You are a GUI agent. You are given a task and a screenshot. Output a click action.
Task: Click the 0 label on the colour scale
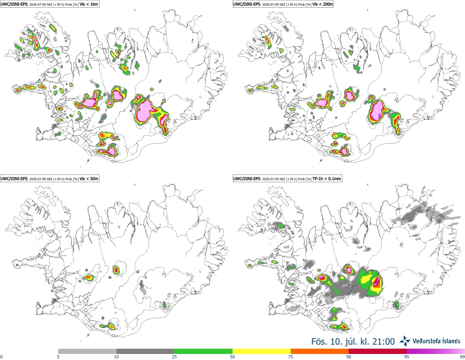point(1,357)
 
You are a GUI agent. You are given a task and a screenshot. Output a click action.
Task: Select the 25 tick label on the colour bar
point(174,357)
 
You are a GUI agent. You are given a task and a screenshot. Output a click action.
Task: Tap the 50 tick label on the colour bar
point(232,357)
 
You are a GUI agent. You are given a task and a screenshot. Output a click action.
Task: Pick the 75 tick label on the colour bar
point(291,357)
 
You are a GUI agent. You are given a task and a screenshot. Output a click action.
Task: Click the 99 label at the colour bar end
point(462,357)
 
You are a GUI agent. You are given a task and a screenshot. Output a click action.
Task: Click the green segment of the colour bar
point(203,352)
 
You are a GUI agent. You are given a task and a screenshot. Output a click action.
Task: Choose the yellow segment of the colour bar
point(262,352)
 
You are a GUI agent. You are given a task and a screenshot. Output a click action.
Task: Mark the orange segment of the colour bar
point(320,352)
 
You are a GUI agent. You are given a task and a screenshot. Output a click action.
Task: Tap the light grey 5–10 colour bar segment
point(87,352)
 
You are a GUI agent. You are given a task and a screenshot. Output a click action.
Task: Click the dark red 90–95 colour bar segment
point(378,352)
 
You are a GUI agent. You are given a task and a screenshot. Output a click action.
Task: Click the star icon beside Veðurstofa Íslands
point(405,341)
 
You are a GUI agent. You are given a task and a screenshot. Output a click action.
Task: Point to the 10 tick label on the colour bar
point(116,357)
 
